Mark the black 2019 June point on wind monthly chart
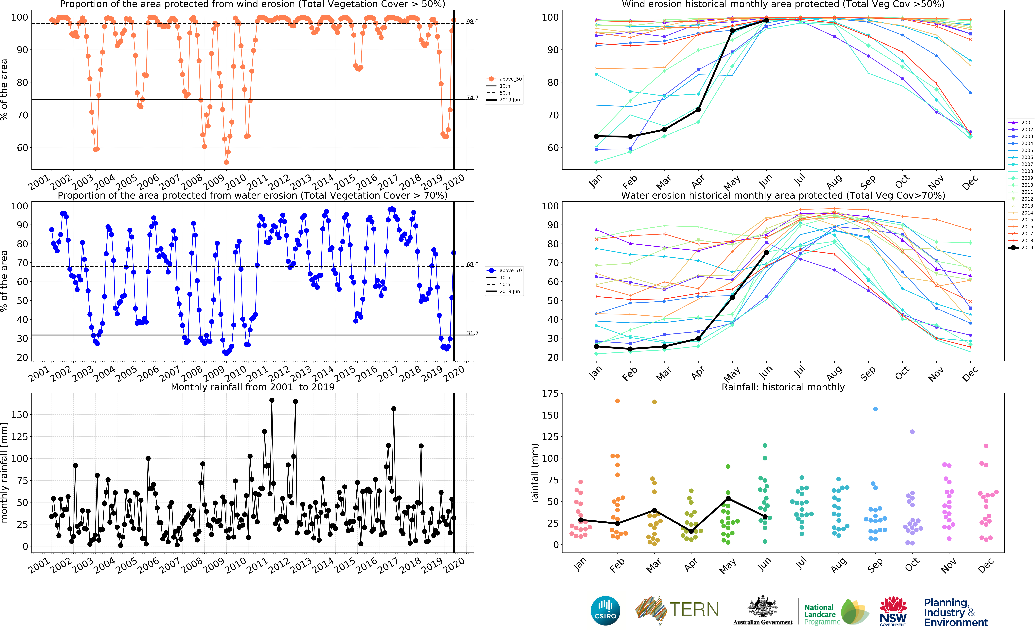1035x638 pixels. point(766,20)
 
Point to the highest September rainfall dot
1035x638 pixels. point(875,409)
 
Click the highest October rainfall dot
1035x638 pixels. point(912,432)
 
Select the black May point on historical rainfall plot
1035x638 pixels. point(728,499)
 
